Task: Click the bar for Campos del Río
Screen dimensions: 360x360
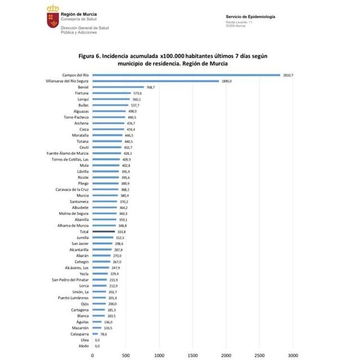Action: pyautogui.click(x=186, y=75)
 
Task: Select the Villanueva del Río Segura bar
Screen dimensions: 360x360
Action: pyautogui.click(x=155, y=81)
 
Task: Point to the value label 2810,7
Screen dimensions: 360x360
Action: pyautogui.click(x=287, y=75)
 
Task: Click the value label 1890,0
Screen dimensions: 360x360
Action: pyautogui.click(x=226, y=81)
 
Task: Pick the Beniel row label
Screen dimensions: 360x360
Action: pyautogui.click(x=83, y=87)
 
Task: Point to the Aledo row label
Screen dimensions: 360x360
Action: pyautogui.click(x=83, y=345)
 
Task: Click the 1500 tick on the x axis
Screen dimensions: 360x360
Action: pyautogui.click(x=192, y=355)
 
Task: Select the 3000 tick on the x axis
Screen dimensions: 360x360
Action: pyautogui.click(x=292, y=355)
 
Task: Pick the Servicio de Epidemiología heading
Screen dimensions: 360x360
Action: pyautogui.click(x=250, y=17)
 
